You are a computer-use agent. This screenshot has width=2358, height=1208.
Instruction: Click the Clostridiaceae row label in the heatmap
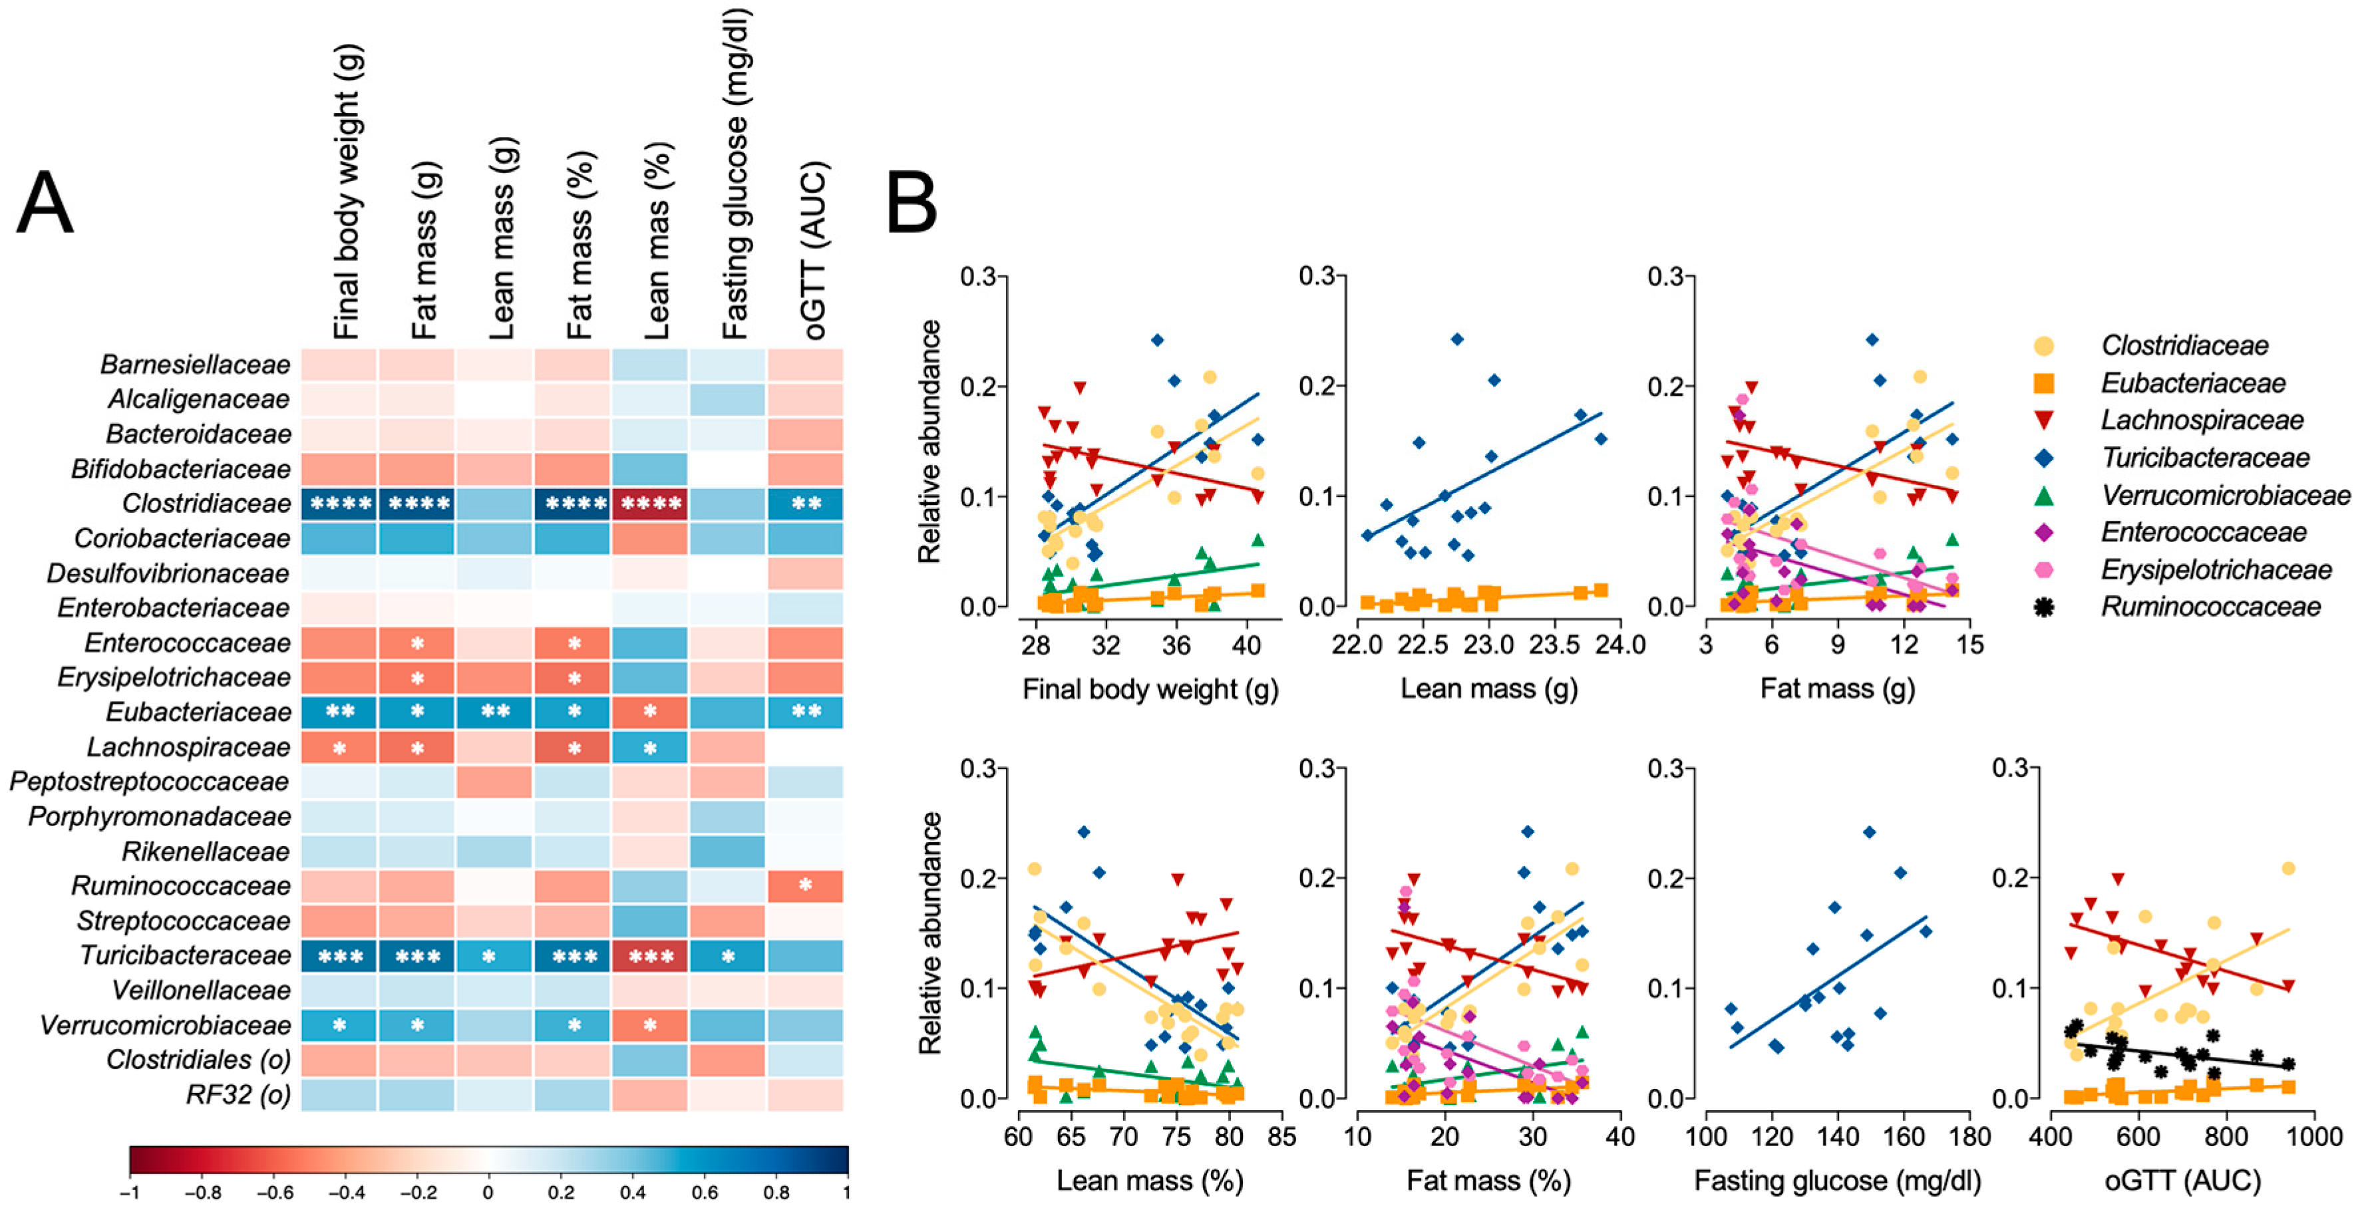[x=206, y=504]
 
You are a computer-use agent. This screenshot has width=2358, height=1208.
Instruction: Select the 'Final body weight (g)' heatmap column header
[x=348, y=192]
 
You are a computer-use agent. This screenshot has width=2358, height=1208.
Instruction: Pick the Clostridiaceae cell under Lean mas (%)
[x=650, y=504]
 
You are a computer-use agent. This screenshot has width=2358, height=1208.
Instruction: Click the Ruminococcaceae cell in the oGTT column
[x=806, y=886]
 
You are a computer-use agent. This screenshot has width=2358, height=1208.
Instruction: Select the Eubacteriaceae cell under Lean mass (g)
[x=495, y=712]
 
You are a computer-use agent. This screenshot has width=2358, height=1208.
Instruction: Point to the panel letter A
[x=44, y=203]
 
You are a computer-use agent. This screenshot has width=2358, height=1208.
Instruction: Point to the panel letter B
[x=911, y=203]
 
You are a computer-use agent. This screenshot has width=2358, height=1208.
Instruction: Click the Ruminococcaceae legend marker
[x=2043, y=607]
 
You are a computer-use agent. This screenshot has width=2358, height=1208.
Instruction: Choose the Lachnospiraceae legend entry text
[x=2202, y=420]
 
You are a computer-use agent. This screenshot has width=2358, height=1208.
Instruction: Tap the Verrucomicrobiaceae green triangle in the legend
[x=2043, y=495]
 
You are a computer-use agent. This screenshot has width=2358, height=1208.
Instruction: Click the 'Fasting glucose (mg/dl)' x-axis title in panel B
[x=1837, y=1181]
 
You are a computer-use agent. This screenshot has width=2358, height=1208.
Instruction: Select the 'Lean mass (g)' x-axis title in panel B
[x=1489, y=689]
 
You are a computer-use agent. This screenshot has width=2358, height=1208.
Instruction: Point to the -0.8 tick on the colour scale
[x=202, y=1193]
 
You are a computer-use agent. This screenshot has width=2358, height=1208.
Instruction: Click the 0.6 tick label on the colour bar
[x=704, y=1193]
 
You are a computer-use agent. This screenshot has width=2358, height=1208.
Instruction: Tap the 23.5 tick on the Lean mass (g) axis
[x=1554, y=645]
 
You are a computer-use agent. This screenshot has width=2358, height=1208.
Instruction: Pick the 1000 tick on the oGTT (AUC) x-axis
[x=2313, y=1137]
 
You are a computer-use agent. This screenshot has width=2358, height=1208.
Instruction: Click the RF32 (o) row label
[x=238, y=1094]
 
